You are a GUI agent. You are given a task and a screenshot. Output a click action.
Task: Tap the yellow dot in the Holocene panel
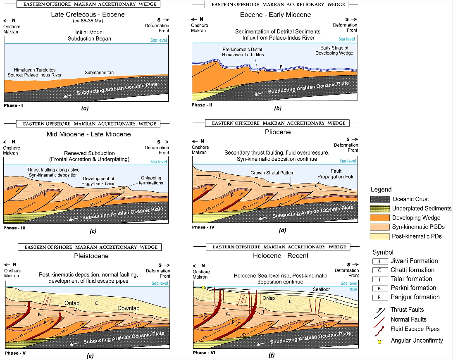[203, 287]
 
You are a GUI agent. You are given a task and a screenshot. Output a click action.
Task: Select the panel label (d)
[283, 231]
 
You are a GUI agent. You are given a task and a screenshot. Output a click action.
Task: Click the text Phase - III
[16, 228]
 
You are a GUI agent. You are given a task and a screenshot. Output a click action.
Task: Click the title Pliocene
[277, 132]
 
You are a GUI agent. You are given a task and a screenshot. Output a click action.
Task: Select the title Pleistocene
[89, 256]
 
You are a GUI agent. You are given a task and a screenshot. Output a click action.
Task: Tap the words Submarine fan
[99, 73]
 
